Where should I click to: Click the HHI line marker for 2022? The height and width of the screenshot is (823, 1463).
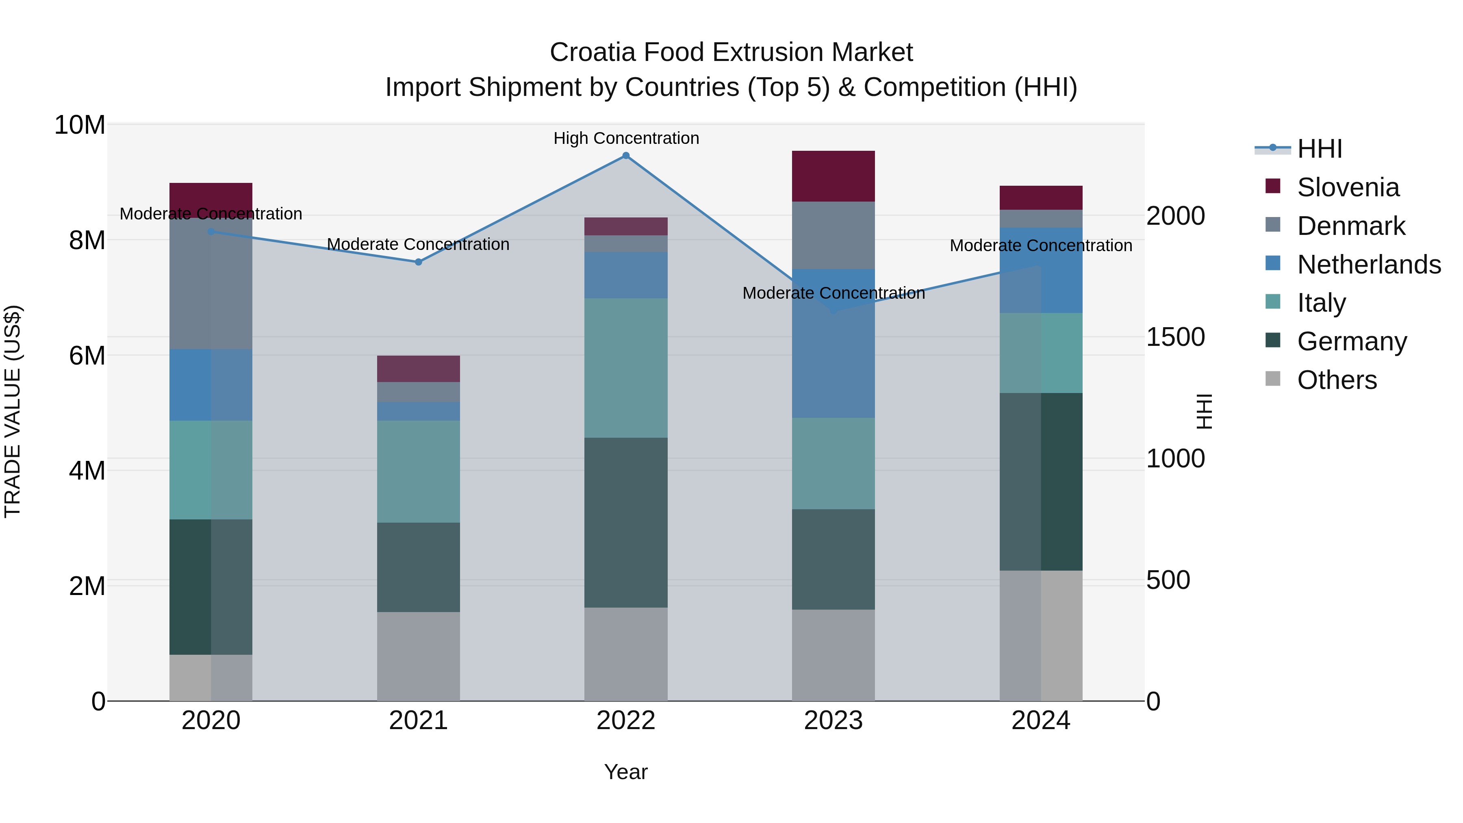[x=626, y=156]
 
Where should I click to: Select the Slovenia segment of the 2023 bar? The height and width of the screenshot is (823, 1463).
[x=833, y=176]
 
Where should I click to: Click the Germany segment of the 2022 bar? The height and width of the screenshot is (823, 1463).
[x=626, y=523]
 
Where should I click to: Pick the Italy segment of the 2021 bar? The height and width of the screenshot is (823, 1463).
[x=419, y=471]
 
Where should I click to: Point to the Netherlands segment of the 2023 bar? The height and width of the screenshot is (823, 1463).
[x=833, y=343]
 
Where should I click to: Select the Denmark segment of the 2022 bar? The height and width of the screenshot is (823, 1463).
[x=626, y=244]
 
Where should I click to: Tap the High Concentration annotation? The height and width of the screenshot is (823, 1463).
[x=626, y=138]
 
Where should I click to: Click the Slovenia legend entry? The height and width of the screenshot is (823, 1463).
[x=1348, y=187]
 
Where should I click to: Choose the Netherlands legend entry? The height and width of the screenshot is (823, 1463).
[x=1369, y=265]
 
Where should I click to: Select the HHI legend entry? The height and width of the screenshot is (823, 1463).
[x=1319, y=149]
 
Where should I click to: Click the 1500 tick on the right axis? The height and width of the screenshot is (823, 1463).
[x=1175, y=337]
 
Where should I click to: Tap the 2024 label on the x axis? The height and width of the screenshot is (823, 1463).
[x=1040, y=721]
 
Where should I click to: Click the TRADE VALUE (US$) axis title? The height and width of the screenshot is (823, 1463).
[x=13, y=411]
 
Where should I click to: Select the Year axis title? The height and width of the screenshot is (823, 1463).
[x=626, y=772]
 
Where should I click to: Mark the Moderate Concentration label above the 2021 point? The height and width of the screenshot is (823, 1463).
[x=419, y=244]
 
